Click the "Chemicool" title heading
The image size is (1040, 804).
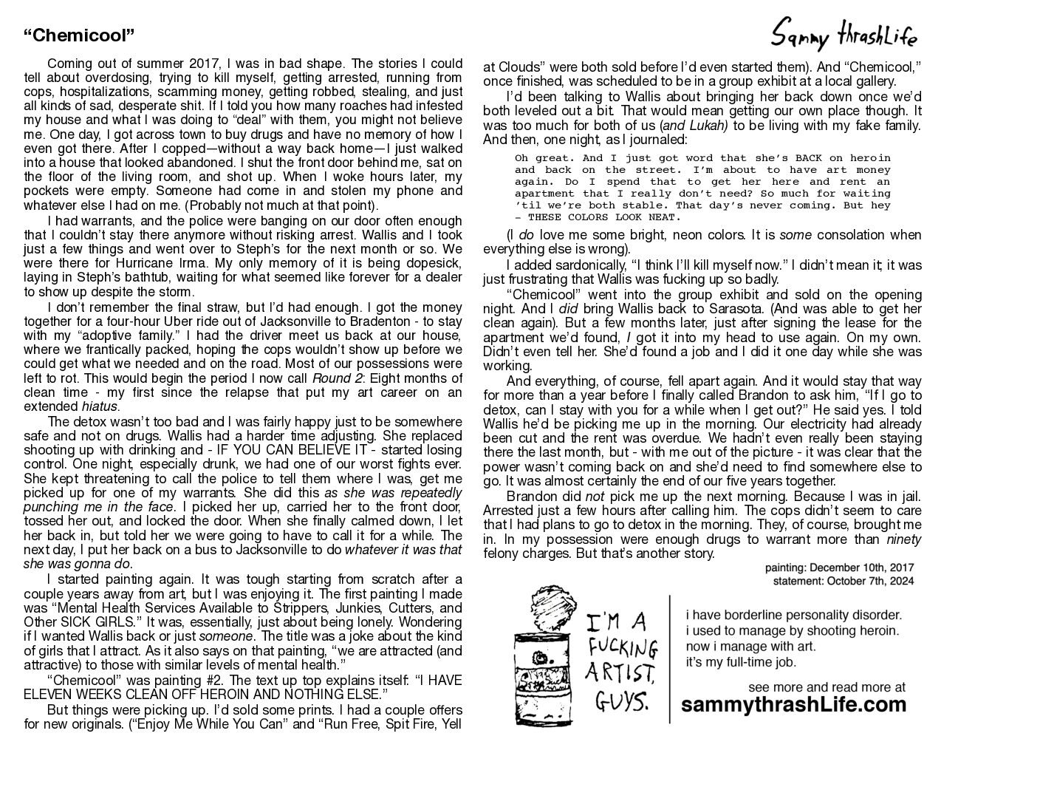[79, 35]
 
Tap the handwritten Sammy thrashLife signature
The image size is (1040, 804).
[844, 34]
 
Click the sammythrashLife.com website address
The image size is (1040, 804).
[793, 704]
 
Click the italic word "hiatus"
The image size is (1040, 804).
[100, 406]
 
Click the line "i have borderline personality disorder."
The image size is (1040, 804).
[793, 615]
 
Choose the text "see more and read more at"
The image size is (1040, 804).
[827, 687]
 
